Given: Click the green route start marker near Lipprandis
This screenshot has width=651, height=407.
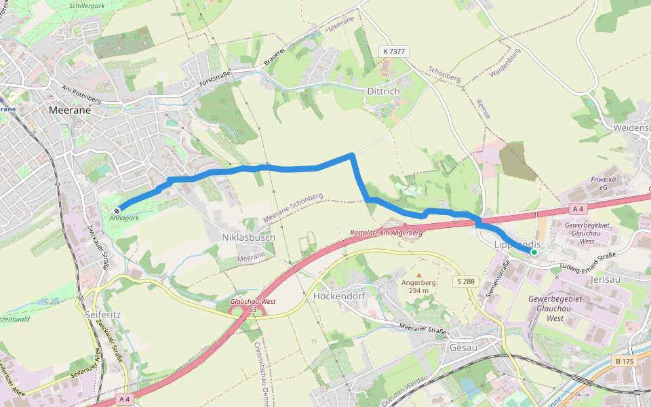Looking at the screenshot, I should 534,252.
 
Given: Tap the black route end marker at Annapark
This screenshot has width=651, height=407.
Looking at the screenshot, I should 117,210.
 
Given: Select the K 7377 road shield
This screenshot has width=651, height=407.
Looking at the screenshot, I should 394,52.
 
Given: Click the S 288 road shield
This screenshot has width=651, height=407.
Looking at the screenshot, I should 465,281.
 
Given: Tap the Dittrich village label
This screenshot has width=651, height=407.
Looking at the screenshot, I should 383,92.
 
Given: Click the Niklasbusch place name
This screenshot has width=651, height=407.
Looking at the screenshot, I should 248,238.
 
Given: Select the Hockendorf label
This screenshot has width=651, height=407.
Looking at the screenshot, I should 339,296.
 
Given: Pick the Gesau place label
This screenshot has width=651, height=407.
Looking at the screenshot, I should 464,347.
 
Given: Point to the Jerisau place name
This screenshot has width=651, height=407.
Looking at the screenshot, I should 606,279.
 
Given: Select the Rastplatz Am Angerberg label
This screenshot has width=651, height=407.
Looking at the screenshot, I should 387,233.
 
